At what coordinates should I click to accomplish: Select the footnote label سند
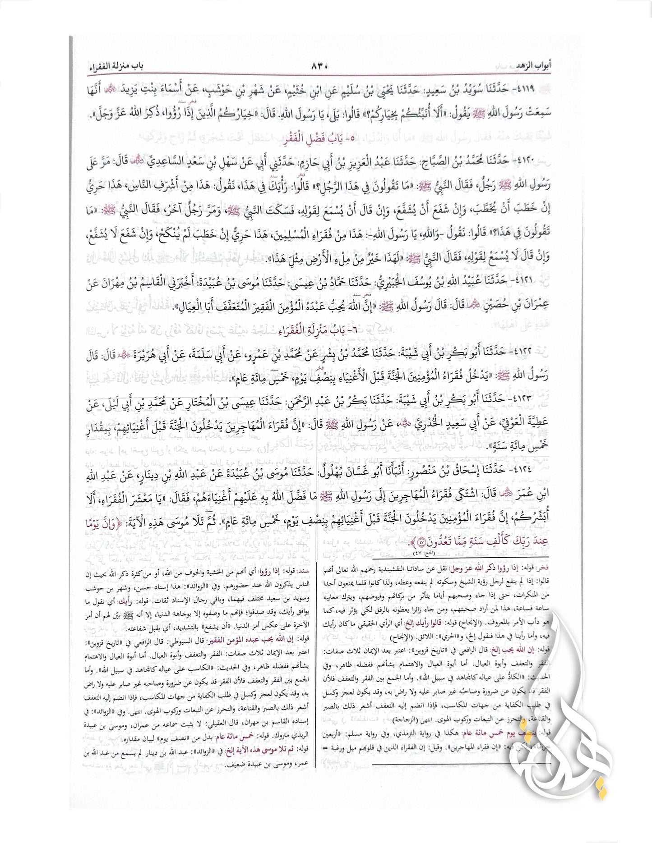(302, 570)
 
